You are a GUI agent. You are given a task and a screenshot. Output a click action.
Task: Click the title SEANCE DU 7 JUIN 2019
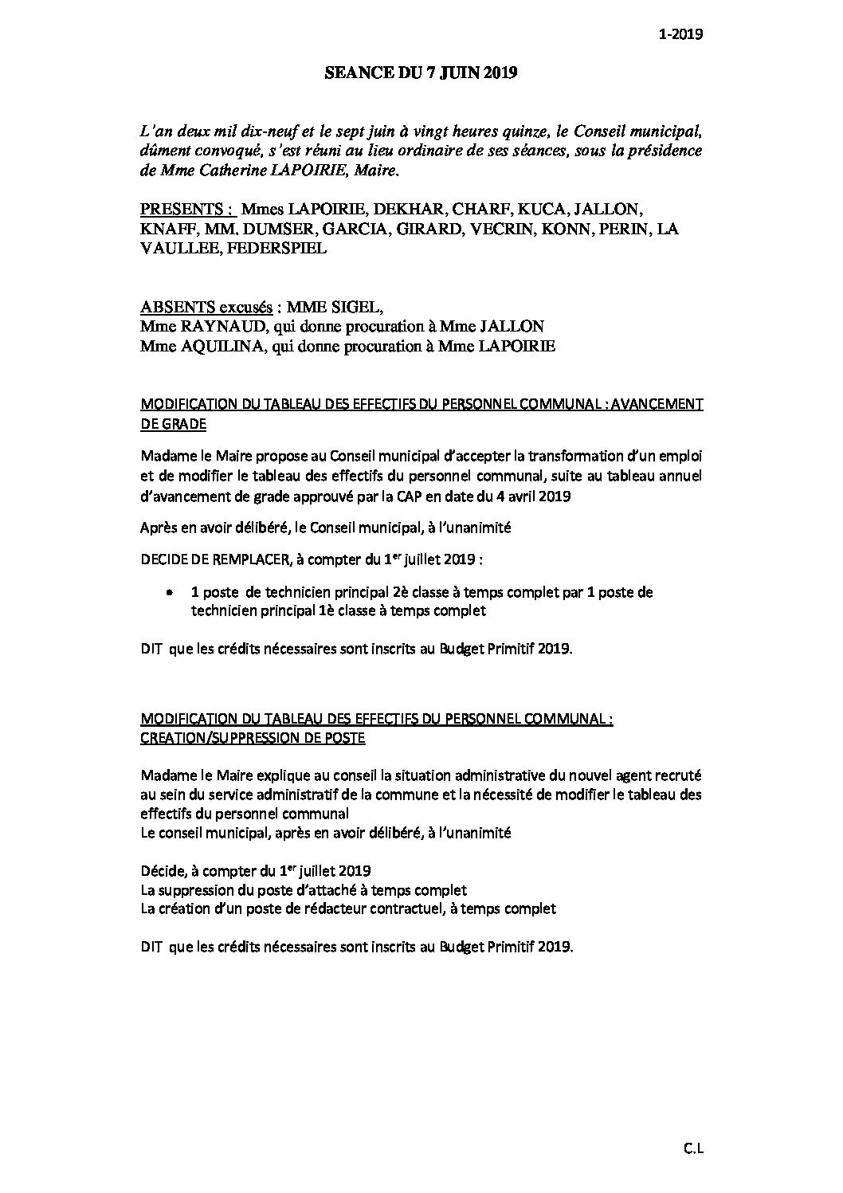point(421,73)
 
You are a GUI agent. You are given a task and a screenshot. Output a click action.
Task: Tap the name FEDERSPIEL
point(272,248)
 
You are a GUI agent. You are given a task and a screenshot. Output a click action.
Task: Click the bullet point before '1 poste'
point(170,593)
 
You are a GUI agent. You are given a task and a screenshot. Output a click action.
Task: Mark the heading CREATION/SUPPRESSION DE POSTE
point(253,738)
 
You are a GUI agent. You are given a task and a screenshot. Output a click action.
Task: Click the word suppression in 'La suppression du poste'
point(194,889)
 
